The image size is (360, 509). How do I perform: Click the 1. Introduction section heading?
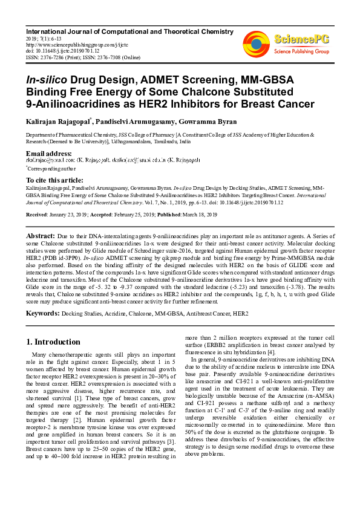pyautogui.click(x=53, y=342)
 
